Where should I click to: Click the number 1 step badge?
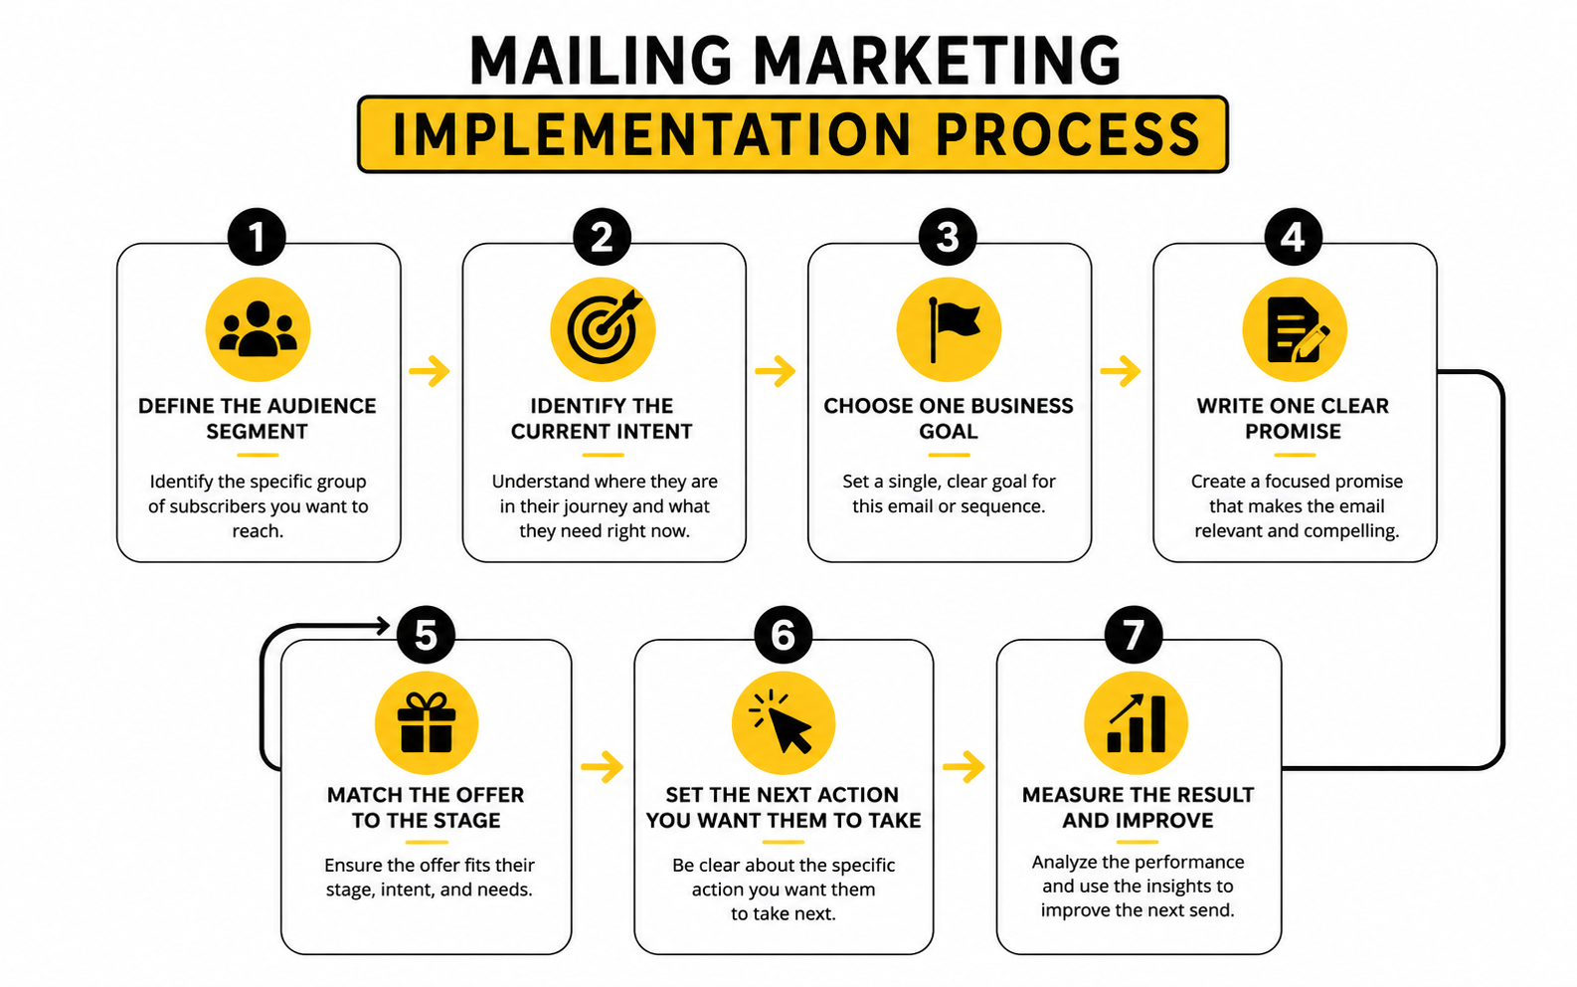(257, 237)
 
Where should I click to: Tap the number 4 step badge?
(1294, 237)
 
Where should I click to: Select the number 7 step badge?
(1133, 634)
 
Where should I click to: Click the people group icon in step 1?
(258, 329)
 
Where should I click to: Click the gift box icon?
(426, 723)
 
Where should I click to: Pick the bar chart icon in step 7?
(1136, 723)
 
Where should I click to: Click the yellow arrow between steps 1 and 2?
(430, 371)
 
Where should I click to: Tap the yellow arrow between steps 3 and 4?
(1121, 371)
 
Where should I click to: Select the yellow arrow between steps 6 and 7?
(964, 766)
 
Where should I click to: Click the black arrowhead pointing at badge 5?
(383, 625)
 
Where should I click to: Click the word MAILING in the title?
(602, 61)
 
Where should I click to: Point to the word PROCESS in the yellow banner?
(1067, 134)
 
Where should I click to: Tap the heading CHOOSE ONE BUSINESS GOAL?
(949, 419)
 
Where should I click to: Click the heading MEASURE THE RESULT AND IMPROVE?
(1138, 807)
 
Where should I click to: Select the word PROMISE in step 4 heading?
(1294, 431)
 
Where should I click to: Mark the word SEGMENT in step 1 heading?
(257, 431)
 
